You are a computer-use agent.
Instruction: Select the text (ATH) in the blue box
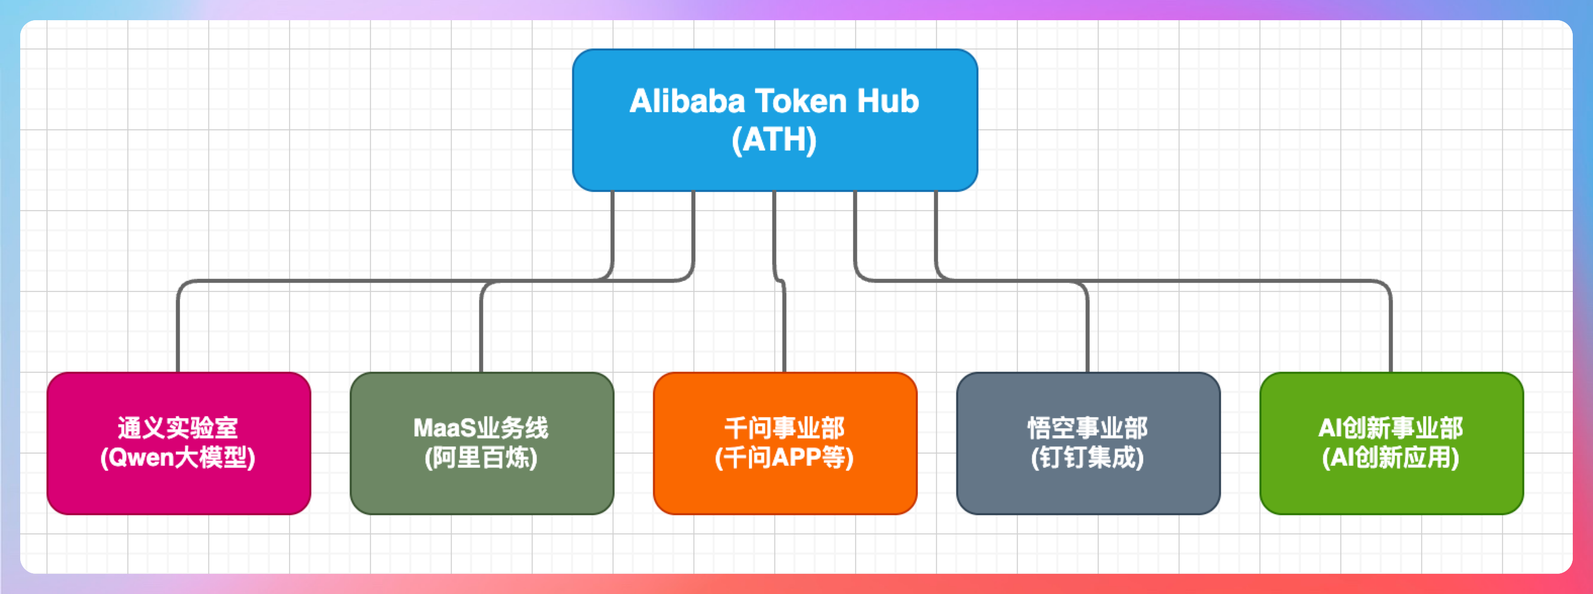coord(774,140)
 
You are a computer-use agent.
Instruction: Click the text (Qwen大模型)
coord(178,458)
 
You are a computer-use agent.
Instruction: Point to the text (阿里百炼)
coord(481,458)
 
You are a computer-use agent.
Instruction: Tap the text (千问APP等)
coord(784,458)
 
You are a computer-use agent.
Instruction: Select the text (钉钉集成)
coord(1088,458)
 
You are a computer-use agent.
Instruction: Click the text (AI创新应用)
coord(1391,458)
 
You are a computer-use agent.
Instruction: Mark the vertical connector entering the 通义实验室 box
coord(178,334)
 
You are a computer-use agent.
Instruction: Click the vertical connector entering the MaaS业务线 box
coord(481,334)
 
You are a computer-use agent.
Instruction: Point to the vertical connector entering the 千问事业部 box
coord(784,334)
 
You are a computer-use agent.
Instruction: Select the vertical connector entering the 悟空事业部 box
coord(1088,334)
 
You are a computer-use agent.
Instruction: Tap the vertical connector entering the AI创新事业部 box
coord(1391,334)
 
